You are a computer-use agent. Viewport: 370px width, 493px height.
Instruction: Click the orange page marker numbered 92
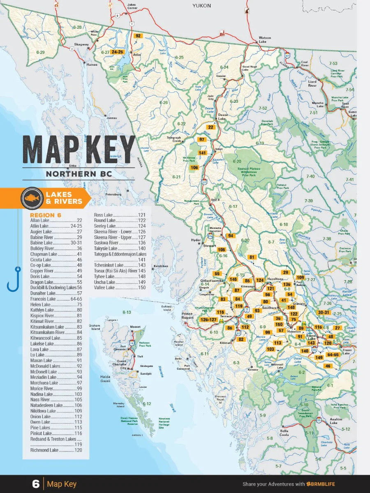pos(138,36)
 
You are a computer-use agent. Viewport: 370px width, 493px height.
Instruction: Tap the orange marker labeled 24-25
pos(117,52)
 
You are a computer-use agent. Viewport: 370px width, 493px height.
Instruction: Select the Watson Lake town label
pos(265,40)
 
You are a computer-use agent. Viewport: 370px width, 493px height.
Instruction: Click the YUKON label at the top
pos(201,6)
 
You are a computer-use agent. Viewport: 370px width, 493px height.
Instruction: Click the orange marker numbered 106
pos(194,168)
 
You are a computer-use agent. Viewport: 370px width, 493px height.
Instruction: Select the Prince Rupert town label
pos(187,316)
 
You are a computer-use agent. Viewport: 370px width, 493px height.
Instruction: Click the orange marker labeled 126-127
pos(208,320)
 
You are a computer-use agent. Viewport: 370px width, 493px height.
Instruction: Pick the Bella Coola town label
pos(284,433)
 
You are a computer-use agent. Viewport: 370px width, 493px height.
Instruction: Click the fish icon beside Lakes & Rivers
pos(32,198)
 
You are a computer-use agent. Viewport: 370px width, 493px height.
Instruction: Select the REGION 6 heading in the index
pos(45,215)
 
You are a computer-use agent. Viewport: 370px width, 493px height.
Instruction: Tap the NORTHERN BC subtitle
pos(79,173)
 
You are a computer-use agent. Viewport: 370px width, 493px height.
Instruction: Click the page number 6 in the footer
pos(35,484)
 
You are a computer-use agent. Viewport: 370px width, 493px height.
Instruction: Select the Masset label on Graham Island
pos(135,327)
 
